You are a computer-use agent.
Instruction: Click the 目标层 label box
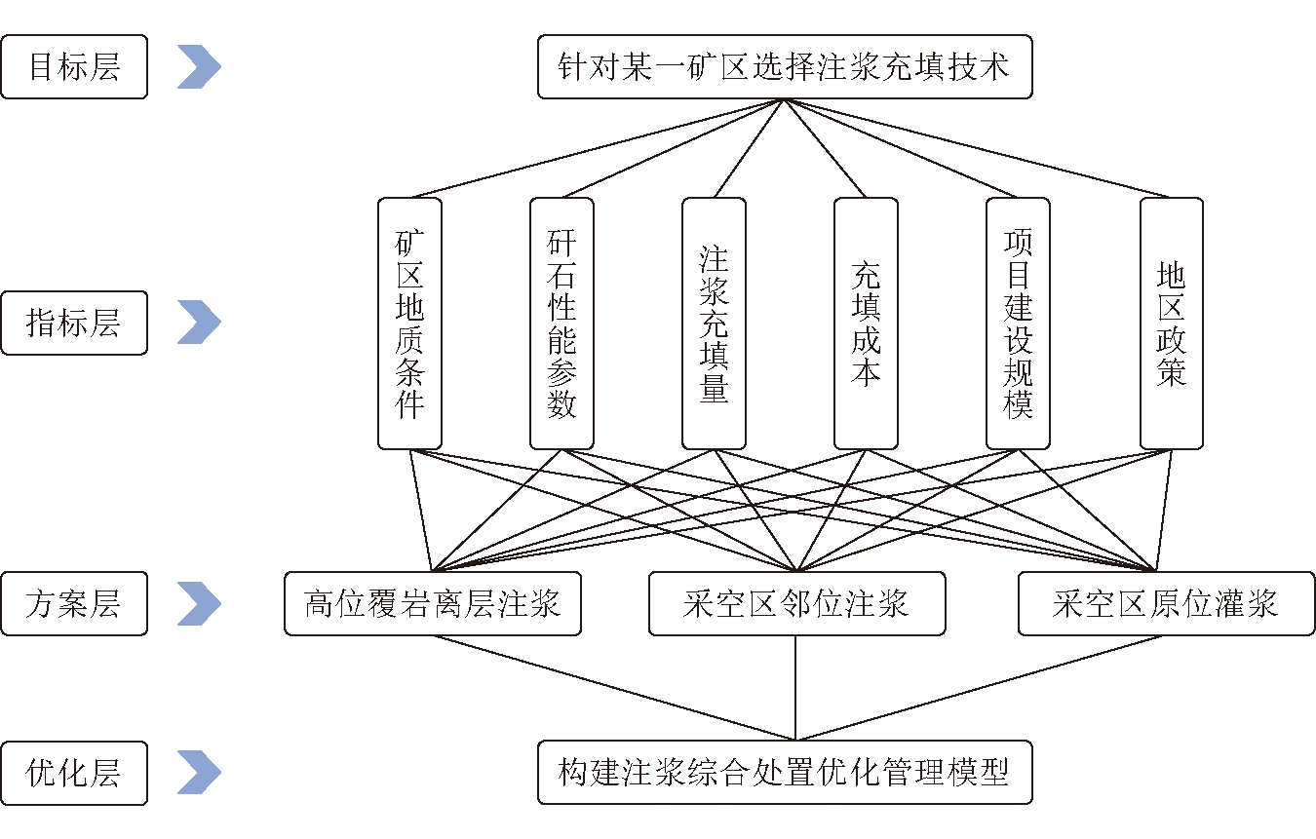point(74,67)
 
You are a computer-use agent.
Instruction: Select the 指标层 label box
point(74,323)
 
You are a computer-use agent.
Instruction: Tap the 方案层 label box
point(74,604)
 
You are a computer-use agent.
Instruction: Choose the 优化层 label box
point(74,774)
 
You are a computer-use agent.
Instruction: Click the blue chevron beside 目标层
point(199,67)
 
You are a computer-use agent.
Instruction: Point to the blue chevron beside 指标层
point(199,323)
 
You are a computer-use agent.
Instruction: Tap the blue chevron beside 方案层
point(199,604)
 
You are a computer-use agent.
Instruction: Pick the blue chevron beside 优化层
point(199,774)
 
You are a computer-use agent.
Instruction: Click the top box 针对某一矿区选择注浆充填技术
point(784,67)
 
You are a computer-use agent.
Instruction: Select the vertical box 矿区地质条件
point(409,324)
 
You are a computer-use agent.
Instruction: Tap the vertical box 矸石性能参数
point(561,324)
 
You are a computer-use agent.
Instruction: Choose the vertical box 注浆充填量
point(714,324)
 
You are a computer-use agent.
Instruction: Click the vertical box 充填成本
point(866,324)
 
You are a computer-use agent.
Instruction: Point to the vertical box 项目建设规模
point(1018,324)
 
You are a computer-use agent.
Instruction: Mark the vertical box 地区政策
point(1171,324)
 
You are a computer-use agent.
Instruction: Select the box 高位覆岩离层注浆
point(433,604)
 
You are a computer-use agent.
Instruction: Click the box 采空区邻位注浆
point(796,604)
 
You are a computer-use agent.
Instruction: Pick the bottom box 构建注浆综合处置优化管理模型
point(784,774)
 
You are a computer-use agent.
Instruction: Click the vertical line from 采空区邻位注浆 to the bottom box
point(796,688)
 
